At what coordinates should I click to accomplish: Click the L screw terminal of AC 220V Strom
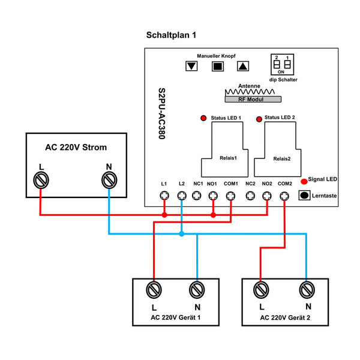coord(41,179)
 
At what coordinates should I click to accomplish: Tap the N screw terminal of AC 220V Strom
coord(109,179)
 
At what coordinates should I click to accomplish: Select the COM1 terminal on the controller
coord(231,195)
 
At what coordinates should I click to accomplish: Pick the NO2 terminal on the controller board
coord(268,195)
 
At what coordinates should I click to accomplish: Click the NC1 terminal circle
coord(196,195)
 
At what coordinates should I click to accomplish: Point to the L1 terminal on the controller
coord(164,195)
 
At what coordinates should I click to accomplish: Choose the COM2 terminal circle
coord(284,195)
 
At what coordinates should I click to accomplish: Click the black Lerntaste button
coord(305,196)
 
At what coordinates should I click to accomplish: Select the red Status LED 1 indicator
coord(203,117)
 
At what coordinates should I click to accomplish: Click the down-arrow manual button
coord(191,66)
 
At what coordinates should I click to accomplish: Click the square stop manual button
coord(217,66)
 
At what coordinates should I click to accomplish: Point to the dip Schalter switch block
coord(283,62)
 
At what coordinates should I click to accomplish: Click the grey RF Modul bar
coord(250,99)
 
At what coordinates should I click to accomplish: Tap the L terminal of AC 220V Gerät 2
coord(260,290)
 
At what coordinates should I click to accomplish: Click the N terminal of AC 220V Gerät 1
coord(196,290)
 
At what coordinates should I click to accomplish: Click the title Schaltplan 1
coord(171,35)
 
